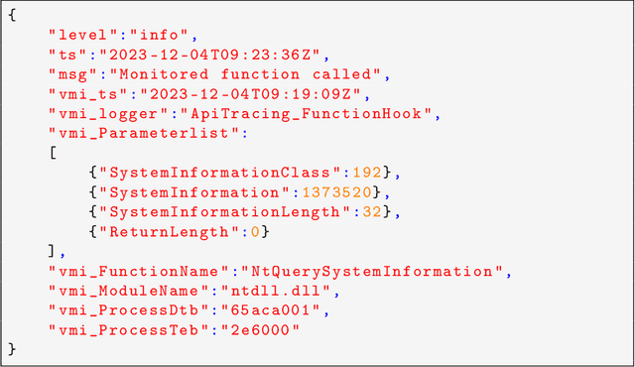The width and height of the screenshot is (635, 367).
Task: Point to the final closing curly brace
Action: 13,348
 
